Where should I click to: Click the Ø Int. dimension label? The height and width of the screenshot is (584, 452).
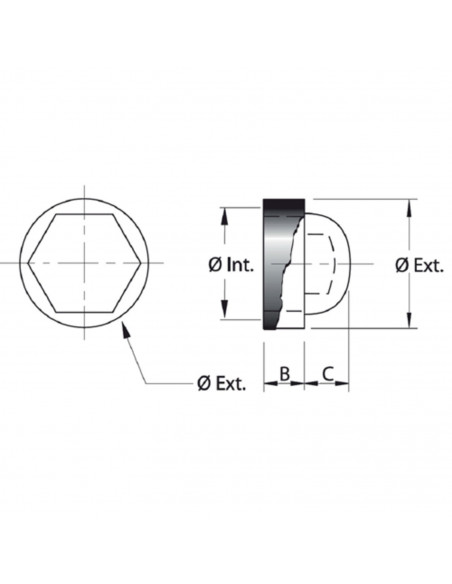click(231, 265)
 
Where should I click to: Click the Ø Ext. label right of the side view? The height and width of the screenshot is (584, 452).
click(419, 266)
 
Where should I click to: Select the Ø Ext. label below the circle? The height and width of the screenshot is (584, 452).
click(222, 383)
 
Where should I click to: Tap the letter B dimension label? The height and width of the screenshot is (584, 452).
click(284, 374)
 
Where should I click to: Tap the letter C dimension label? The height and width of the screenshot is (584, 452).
click(328, 374)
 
